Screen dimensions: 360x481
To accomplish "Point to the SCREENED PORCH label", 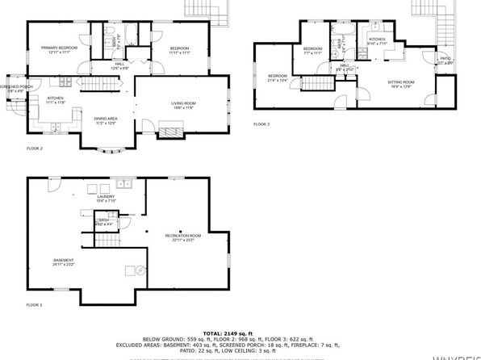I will [15, 86].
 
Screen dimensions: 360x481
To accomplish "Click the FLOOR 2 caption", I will [35, 149].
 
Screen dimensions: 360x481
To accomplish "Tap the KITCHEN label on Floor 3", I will [378, 39].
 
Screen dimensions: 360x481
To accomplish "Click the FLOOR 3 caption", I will [262, 123].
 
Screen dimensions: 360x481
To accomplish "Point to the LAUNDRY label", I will [107, 196].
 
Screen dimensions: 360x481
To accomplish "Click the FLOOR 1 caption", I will [35, 304].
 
